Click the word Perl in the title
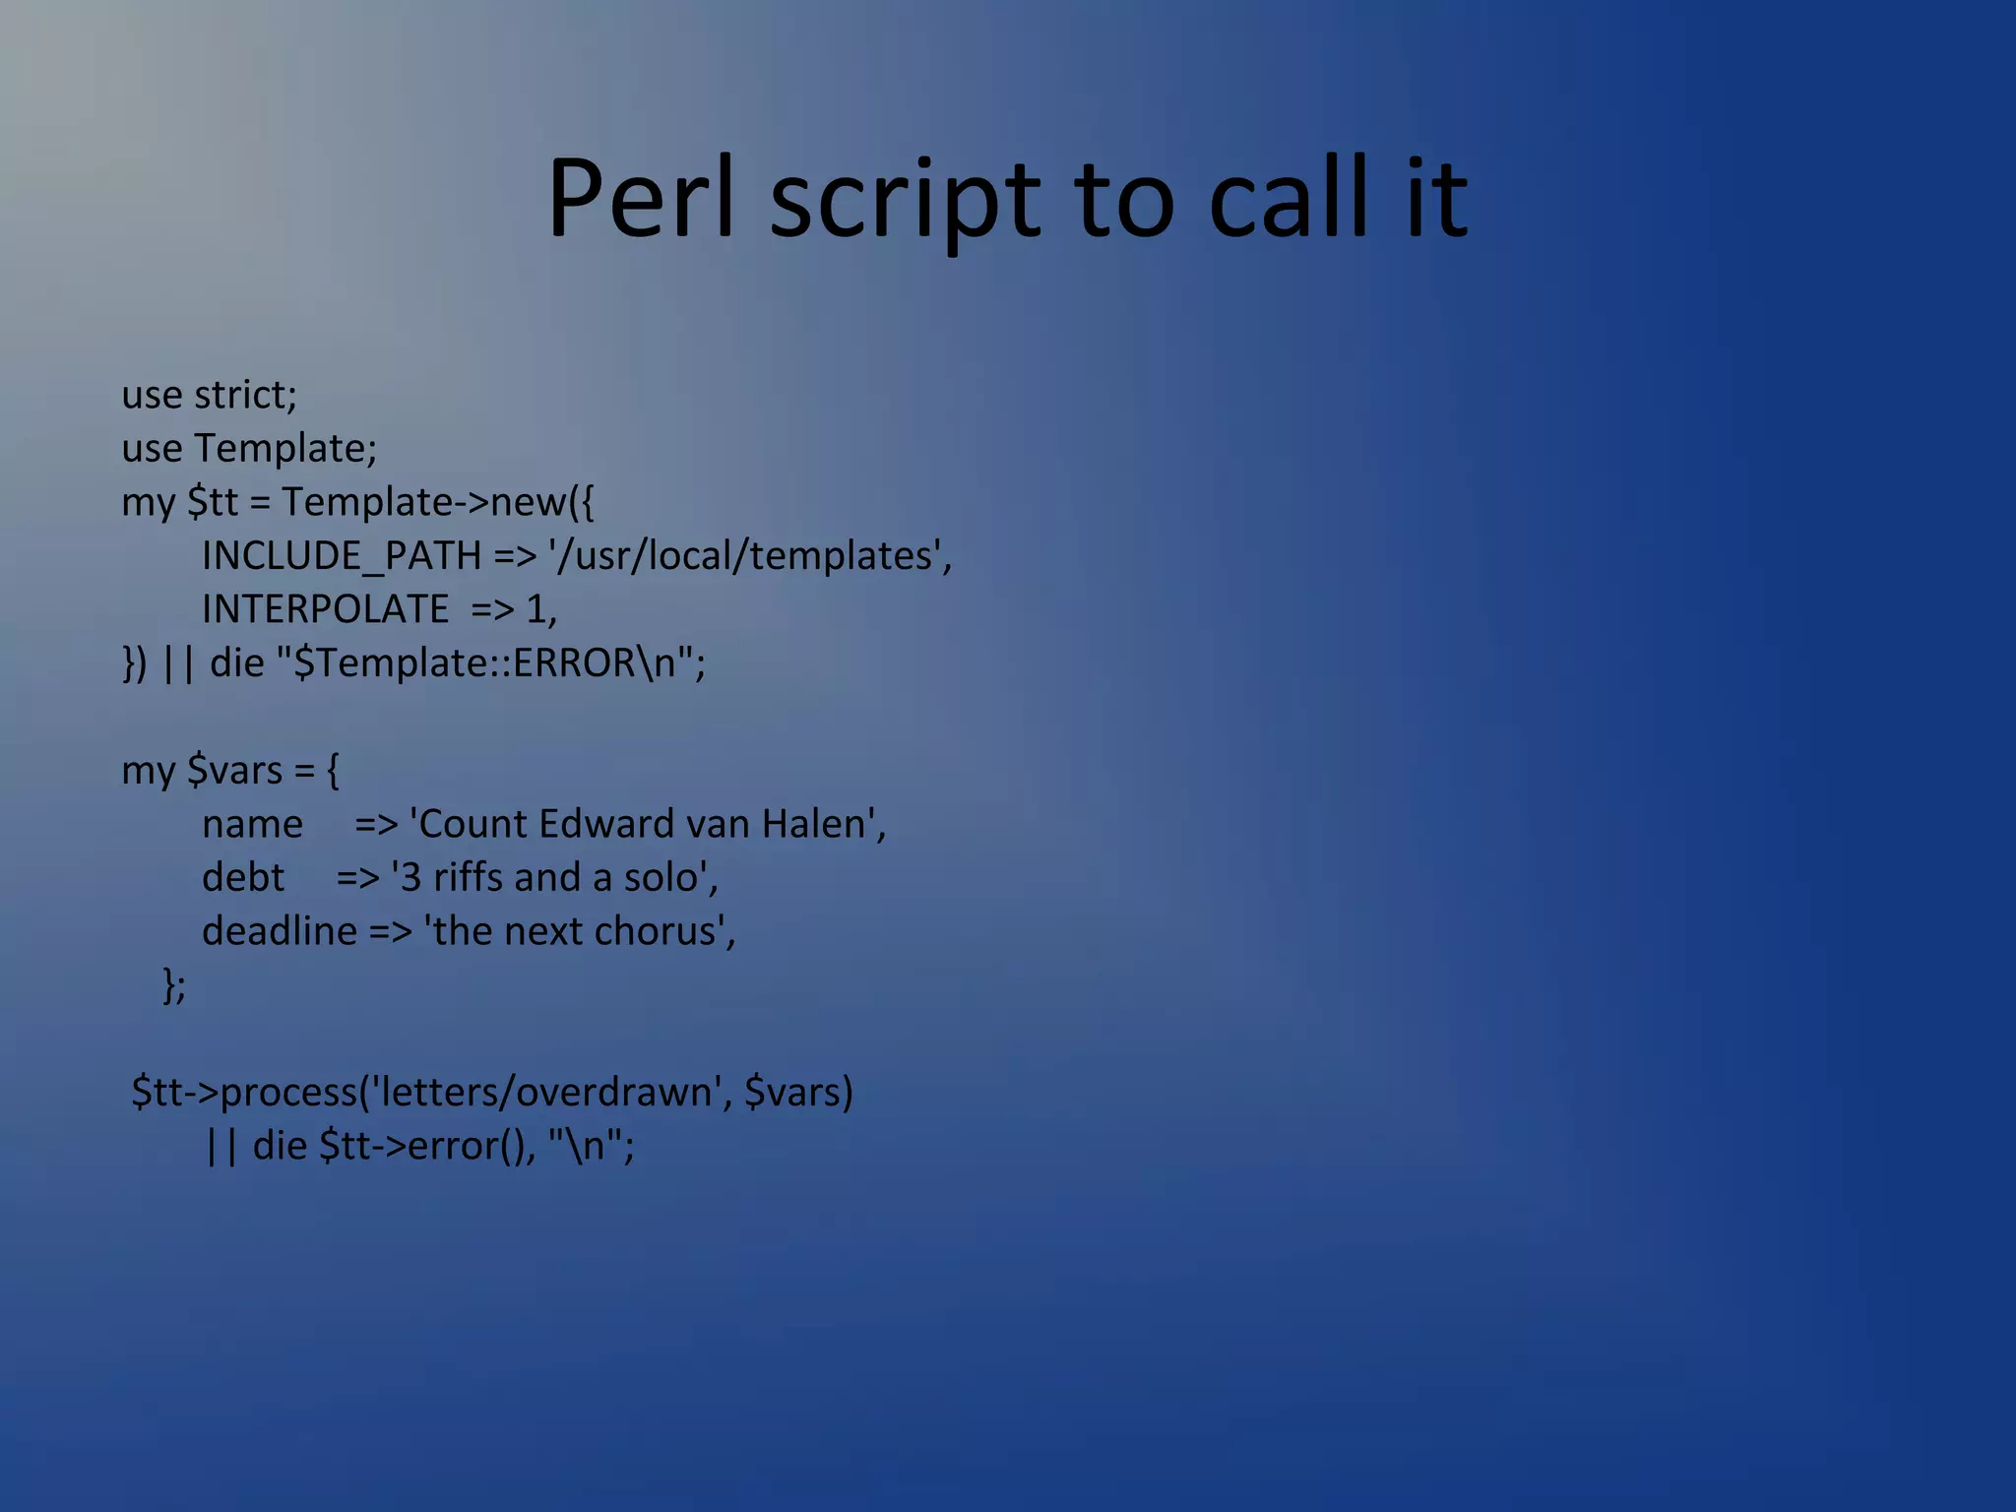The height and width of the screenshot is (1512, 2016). click(x=641, y=200)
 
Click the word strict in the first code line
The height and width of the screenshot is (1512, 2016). click(x=244, y=395)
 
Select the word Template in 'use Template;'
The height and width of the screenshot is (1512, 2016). click(x=283, y=449)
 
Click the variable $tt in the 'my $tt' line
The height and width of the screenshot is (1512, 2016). click(x=213, y=503)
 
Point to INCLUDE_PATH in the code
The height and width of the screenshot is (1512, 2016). click(x=342, y=556)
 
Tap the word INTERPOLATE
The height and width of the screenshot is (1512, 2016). click(x=326, y=609)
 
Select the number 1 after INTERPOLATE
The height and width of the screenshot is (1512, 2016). click(x=536, y=609)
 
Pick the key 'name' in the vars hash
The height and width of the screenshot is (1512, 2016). click(x=252, y=825)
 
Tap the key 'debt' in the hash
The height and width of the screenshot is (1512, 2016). click(x=243, y=878)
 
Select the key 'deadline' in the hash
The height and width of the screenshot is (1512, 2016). click(x=280, y=931)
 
